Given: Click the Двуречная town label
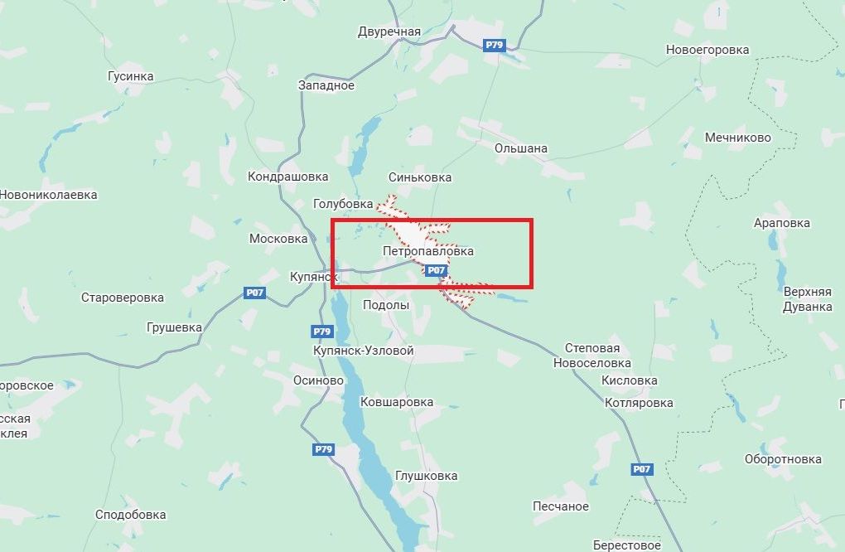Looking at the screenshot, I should click(x=389, y=32).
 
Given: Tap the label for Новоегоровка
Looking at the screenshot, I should click(x=707, y=50).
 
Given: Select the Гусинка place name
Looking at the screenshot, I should click(x=131, y=76).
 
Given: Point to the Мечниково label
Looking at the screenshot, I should click(x=737, y=138).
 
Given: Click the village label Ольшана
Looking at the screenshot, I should click(x=520, y=148).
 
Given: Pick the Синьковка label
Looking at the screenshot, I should click(x=420, y=177).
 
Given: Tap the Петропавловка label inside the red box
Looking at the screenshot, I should click(x=428, y=250).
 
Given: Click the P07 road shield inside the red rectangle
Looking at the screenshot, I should click(x=437, y=270).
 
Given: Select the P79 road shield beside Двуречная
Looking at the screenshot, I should click(x=495, y=46).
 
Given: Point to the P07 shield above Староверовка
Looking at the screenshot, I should click(x=255, y=293).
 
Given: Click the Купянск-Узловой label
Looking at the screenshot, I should click(x=364, y=351).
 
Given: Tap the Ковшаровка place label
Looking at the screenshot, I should click(x=397, y=402).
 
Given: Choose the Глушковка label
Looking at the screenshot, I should click(x=427, y=476).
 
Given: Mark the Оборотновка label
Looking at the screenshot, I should click(x=783, y=459).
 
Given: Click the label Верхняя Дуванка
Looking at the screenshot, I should click(x=808, y=299).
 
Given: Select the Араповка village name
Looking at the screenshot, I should click(x=782, y=223).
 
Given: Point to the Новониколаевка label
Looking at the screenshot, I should click(x=48, y=195).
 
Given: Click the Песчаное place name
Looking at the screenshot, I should click(x=560, y=506).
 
